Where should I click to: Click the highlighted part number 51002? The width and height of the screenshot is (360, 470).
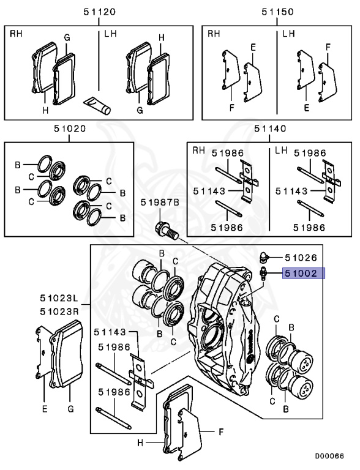click(x=301, y=273)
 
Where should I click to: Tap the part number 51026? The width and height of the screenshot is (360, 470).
click(x=301, y=258)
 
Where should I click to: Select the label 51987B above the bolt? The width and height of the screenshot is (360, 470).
click(x=160, y=203)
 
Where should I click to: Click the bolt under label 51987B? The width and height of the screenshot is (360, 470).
click(x=167, y=230)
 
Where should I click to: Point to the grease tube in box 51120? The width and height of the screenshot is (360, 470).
click(x=97, y=105)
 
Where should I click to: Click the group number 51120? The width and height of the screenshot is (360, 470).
click(x=99, y=12)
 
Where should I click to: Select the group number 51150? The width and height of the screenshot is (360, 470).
click(x=277, y=12)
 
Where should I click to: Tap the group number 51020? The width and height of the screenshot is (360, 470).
click(x=70, y=129)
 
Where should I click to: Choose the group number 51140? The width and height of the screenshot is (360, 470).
click(x=270, y=129)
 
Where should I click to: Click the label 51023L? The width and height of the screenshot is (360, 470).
click(x=59, y=298)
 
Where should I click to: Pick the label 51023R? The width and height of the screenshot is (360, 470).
click(x=59, y=311)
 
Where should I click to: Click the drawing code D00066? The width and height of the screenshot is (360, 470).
click(x=329, y=456)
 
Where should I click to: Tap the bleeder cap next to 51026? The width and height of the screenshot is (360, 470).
click(x=263, y=257)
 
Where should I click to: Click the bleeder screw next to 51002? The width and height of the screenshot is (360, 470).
click(x=263, y=274)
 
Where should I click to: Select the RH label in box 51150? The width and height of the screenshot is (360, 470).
click(x=214, y=34)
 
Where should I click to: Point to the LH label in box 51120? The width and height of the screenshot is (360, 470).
click(x=110, y=34)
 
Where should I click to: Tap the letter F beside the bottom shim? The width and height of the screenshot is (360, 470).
click(x=221, y=432)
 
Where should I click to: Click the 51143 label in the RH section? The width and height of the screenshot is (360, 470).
click(x=209, y=191)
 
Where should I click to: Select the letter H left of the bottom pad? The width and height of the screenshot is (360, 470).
click(x=140, y=442)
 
